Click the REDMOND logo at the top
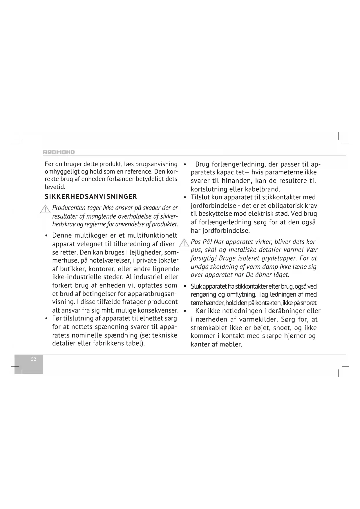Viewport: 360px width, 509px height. pos(59,152)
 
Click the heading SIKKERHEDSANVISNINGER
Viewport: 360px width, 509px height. pos(91,197)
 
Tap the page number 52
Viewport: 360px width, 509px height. pos(34,359)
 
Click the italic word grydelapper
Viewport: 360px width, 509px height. pos(279,258)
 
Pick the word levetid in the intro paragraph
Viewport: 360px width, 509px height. pos(55,187)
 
